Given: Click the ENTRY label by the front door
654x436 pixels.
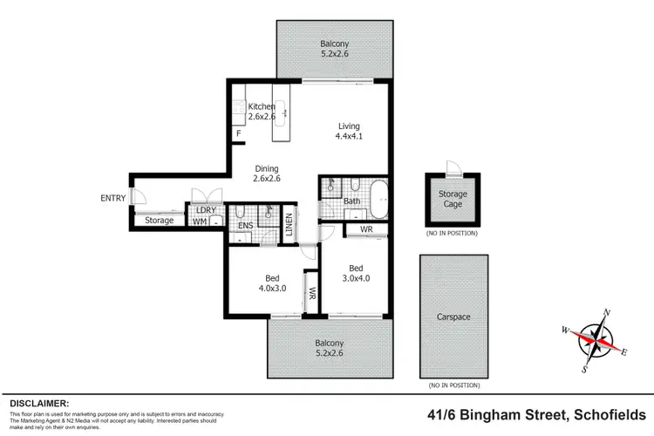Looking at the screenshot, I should pyautogui.click(x=113, y=198).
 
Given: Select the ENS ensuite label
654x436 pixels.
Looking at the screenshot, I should pyautogui.click(x=245, y=226).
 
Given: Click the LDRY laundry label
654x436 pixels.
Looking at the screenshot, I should pyautogui.click(x=205, y=210).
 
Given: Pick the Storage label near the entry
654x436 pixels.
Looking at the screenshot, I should pyautogui.click(x=159, y=221).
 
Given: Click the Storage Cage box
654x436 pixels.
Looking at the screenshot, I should pyautogui.click(x=451, y=199).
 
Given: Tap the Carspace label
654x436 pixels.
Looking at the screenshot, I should pyautogui.click(x=453, y=317).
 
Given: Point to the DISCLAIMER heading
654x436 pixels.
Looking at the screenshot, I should pyautogui.click(x=39, y=403).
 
